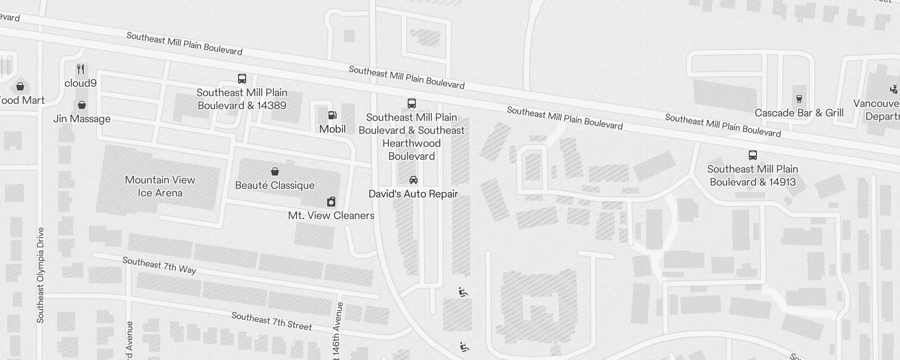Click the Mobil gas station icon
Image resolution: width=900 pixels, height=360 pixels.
pyautogui.click(x=333, y=115)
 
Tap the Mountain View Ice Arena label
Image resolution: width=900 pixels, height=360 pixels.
pyautogui.click(x=160, y=186)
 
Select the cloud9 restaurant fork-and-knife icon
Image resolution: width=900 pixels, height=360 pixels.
pyautogui.click(x=81, y=69)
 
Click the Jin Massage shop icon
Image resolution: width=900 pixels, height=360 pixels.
pyautogui.click(x=82, y=105)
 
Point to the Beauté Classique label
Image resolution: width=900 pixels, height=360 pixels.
pyautogui.click(x=274, y=185)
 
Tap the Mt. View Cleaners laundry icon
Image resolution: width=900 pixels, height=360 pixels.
pyautogui.click(x=331, y=202)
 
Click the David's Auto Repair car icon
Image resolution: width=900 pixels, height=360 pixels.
pyautogui.click(x=413, y=180)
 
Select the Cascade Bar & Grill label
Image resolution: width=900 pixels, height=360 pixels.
pyautogui.click(x=799, y=113)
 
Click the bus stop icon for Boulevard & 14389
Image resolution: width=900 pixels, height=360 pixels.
pyautogui.click(x=242, y=79)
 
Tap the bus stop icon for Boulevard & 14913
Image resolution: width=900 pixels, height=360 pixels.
pyautogui.click(x=752, y=155)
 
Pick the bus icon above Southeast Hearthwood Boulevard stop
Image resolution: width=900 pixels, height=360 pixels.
pyautogui.click(x=411, y=103)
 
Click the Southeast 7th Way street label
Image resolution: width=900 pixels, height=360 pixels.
pyautogui.click(x=159, y=265)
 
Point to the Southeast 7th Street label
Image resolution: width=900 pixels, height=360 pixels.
pyautogui.click(x=271, y=321)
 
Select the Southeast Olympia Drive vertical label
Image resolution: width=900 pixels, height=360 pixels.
pyautogui.click(x=40, y=275)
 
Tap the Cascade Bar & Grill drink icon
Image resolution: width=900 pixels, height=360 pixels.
pyautogui.click(x=799, y=99)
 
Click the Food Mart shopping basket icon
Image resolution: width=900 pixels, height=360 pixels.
pyautogui.click(x=20, y=86)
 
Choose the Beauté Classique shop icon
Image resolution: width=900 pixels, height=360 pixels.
pyautogui.click(x=274, y=171)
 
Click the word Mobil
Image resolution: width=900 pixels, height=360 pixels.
pyautogui.click(x=333, y=129)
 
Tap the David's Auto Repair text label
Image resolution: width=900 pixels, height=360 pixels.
pyautogui.click(x=413, y=194)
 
